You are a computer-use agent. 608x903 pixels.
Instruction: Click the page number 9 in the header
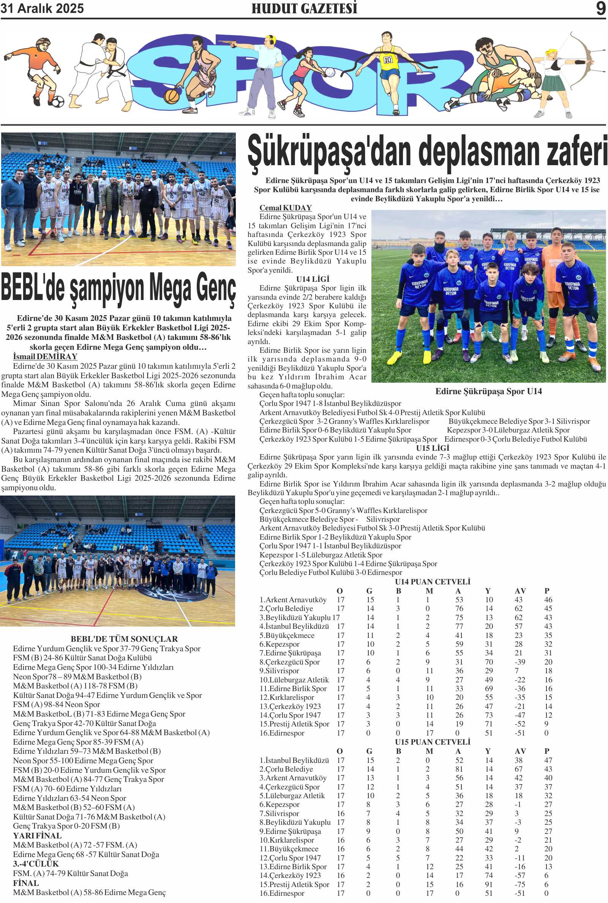pos(601,8)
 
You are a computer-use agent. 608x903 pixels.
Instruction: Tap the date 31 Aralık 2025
pos(42,8)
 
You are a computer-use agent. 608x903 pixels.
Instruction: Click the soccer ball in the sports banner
pos(57,102)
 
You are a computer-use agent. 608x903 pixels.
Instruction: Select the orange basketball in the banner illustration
pos(171,95)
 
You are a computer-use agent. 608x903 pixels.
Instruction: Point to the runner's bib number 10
pos(388,60)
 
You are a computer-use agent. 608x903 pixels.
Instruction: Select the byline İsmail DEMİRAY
pos(45,356)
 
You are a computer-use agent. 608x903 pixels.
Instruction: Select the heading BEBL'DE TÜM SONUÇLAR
pos(124,639)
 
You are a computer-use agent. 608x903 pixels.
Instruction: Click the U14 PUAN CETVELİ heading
pos(432,582)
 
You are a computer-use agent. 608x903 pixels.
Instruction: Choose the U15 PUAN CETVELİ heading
pos(432,742)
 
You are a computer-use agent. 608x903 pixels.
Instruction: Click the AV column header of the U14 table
pos(520,591)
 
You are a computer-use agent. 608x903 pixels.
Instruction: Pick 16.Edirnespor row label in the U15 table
pos(282,893)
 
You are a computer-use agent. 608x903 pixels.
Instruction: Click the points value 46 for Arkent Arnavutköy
pos(548,600)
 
